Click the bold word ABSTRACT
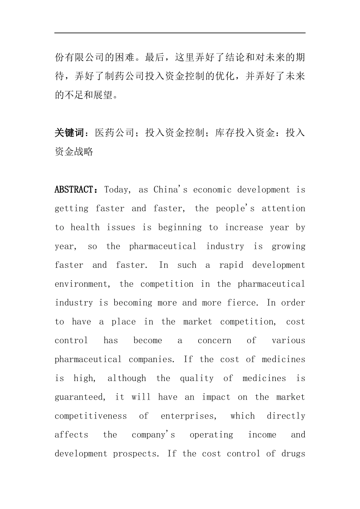tap(74, 190)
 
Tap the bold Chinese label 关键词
tap(69, 133)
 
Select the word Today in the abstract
tap(117, 190)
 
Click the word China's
tap(170, 190)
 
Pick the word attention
tap(283, 209)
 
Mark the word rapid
tap(231, 265)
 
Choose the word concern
tap(214, 340)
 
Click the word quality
tap(196, 378)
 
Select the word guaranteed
tap(80, 397)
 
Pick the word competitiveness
tap(91, 416)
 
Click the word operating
tap(211, 435)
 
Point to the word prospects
tap(136, 454)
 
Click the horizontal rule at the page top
tap(180, 33)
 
